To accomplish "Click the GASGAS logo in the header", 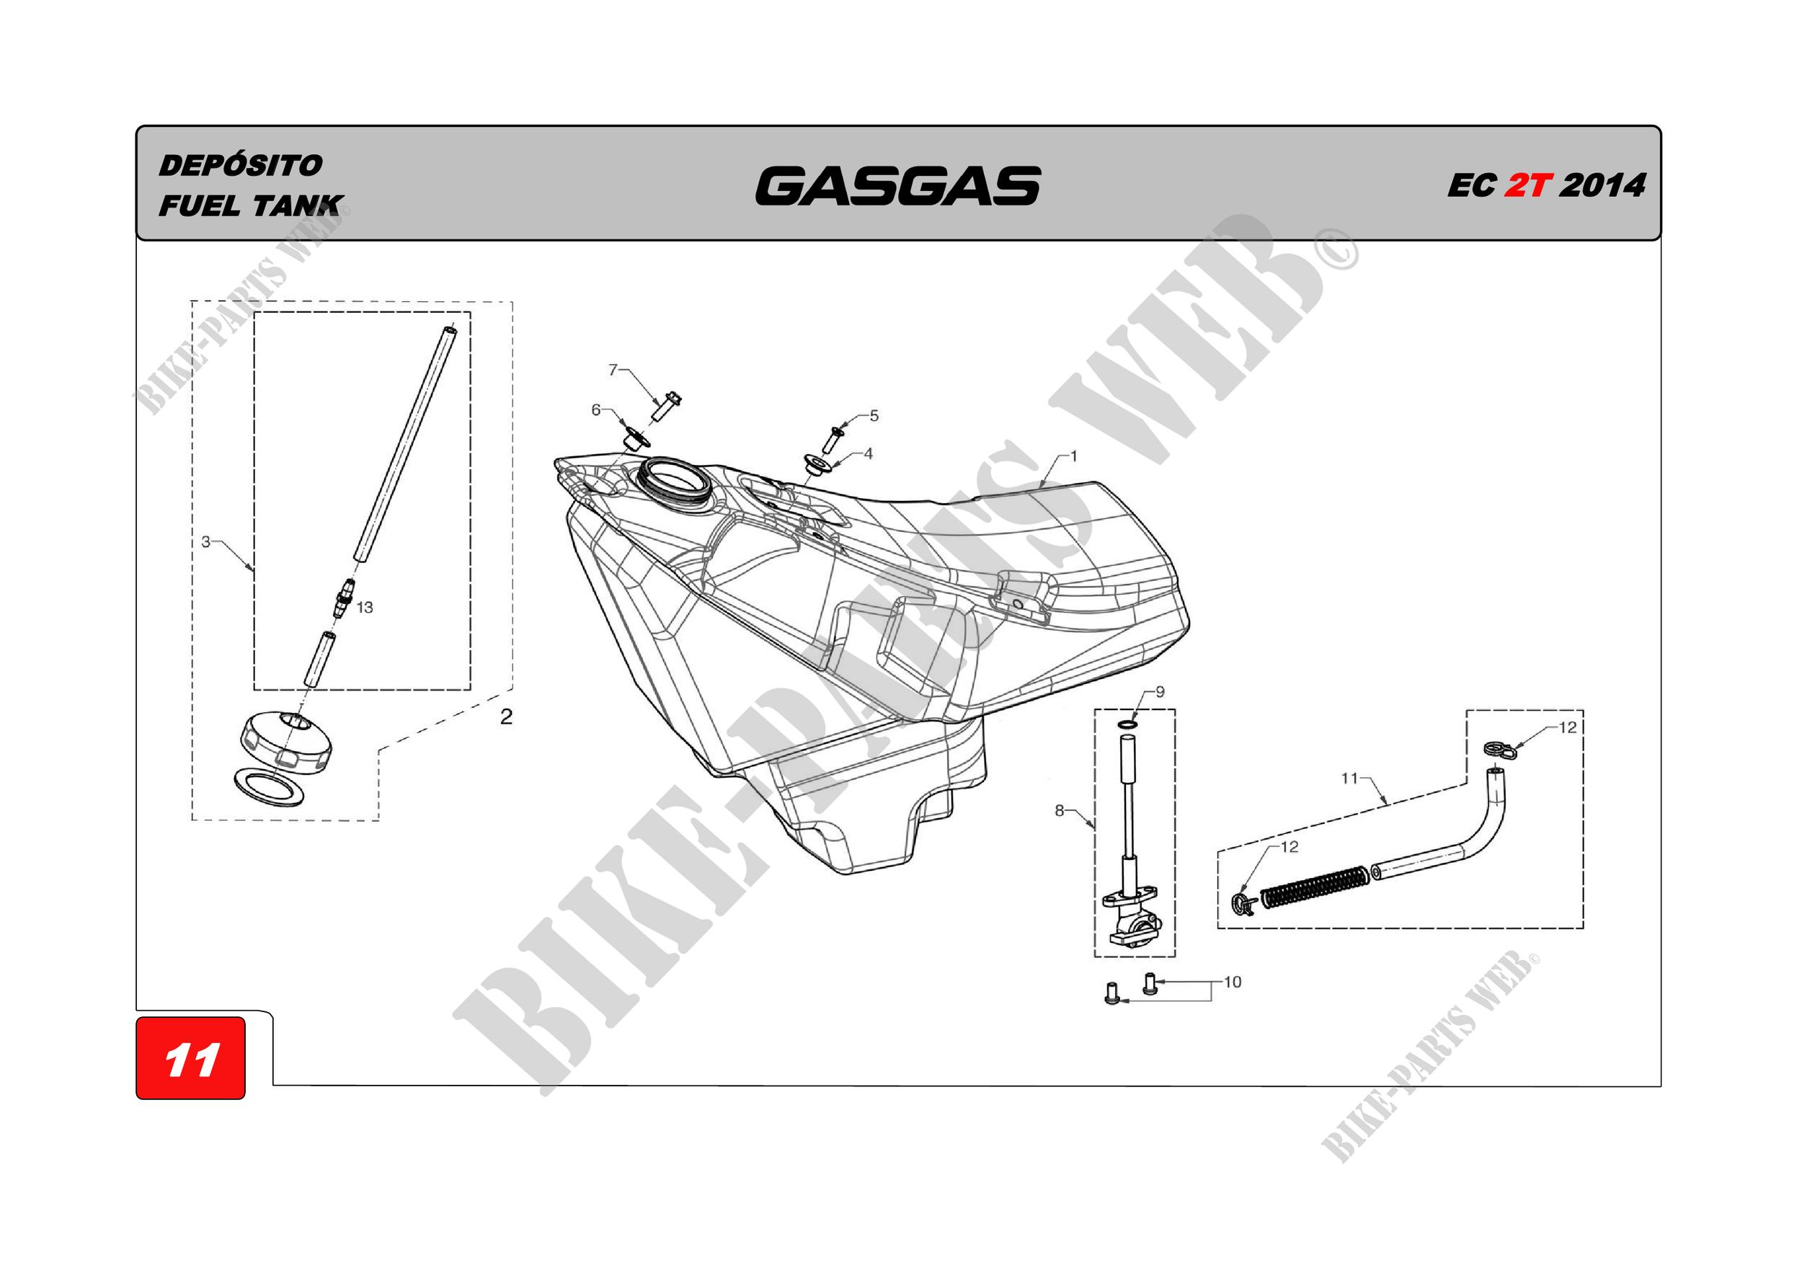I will [x=898, y=186].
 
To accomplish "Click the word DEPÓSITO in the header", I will [x=240, y=166].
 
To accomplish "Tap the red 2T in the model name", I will [x=1527, y=186].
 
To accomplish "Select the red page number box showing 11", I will [x=191, y=1058].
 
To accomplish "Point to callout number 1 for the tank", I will [x=1074, y=456].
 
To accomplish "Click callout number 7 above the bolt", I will [x=613, y=369].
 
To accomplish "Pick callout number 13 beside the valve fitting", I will [x=365, y=608].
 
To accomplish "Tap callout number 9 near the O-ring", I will [x=1160, y=691].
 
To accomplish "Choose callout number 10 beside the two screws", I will [x=1233, y=982].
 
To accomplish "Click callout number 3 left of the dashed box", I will [x=205, y=541].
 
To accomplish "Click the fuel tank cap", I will [x=285, y=741].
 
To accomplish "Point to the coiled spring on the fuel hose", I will [x=1315, y=887].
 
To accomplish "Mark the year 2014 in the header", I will [x=1602, y=186].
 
